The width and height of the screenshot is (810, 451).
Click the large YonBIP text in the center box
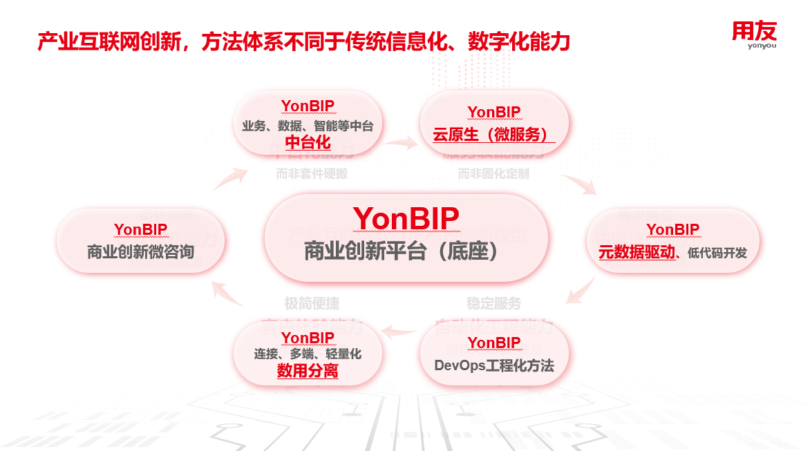pyautogui.click(x=406, y=219)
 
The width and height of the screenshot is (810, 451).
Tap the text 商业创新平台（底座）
pyautogui.click(x=406, y=252)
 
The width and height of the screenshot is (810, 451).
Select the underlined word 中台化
pyautogui.click(x=308, y=143)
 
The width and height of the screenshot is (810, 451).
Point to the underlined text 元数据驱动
pyautogui.click(x=637, y=252)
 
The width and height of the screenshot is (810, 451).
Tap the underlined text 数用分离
pyautogui.click(x=308, y=372)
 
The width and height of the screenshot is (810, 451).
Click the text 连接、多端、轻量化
pyautogui.click(x=308, y=354)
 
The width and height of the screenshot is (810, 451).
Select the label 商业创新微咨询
pyautogui.click(x=140, y=252)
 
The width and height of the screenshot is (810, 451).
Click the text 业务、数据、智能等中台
pyautogui.click(x=308, y=126)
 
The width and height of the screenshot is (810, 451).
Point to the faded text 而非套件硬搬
pyautogui.click(x=312, y=174)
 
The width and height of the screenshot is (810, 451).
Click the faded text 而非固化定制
pyautogui.click(x=493, y=174)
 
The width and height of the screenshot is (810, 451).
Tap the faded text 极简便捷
pyautogui.click(x=312, y=303)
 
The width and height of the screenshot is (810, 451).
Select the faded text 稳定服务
pyautogui.click(x=493, y=303)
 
